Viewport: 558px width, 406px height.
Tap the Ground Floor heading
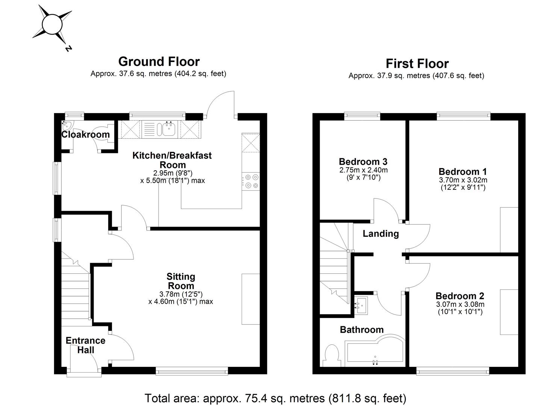159,61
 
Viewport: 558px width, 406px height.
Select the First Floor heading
417,64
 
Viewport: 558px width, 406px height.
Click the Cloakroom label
85,135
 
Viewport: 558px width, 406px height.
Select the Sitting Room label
181,281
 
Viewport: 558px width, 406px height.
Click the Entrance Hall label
85,345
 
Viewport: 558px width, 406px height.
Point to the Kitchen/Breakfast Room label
172,160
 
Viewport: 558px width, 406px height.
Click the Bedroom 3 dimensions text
363,174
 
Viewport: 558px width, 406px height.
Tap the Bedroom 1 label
463,171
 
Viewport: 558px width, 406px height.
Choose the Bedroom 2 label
460,296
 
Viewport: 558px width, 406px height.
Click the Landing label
381,234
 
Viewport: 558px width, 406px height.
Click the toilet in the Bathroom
332,355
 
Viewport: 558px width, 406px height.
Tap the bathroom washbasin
362,304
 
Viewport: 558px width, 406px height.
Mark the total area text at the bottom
275,398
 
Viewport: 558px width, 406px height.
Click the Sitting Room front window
192,371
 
